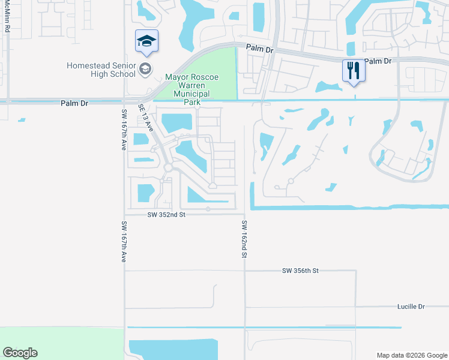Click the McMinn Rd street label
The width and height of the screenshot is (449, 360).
click(x=7, y=17)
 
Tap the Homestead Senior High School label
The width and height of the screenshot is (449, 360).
click(x=100, y=70)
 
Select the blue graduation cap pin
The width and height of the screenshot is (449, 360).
click(x=146, y=41)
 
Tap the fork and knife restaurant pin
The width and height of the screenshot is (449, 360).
click(x=354, y=71)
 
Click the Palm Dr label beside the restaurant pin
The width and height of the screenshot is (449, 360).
click(x=378, y=61)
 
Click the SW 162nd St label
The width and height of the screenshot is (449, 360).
click(x=245, y=239)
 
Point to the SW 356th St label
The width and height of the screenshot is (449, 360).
click(x=300, y=271)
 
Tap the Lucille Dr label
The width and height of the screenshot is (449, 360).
click(x=411, y=307)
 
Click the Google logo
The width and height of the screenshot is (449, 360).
click(x=20, y=353)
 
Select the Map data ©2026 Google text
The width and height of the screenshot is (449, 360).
click(x=412, y=355)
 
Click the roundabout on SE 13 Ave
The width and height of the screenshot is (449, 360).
click(x=169, y=168)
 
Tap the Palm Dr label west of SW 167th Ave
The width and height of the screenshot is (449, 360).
click(x=74, y=103)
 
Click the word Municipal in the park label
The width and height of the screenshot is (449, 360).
click(x=191, y=94)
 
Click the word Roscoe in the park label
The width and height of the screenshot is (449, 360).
click(x=205, y=77)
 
